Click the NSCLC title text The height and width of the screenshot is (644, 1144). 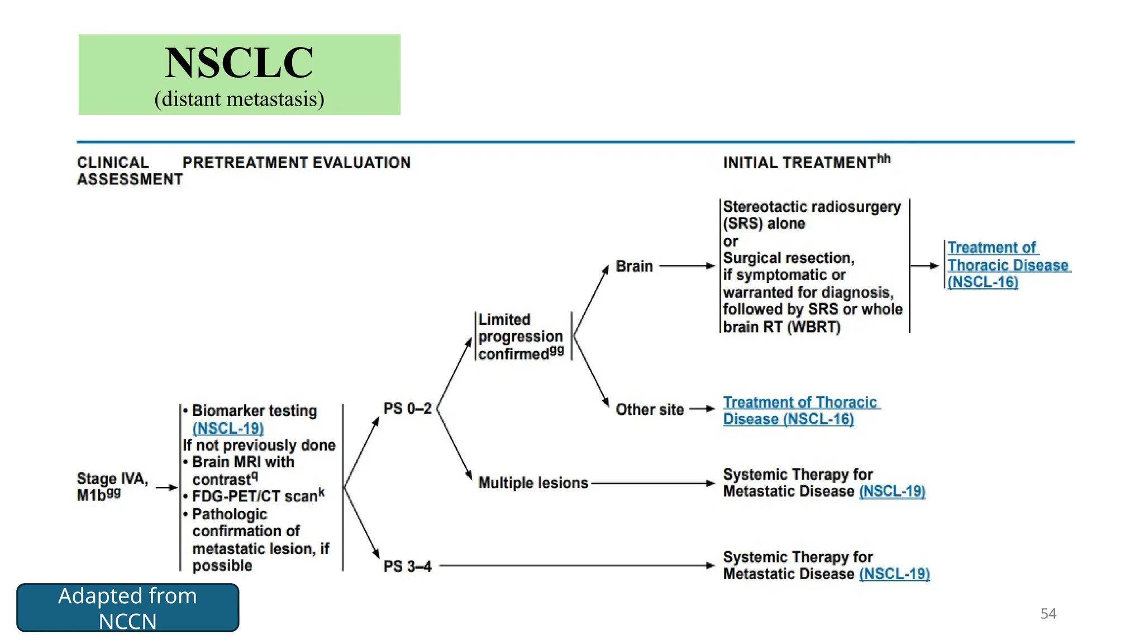(x=239, y=63)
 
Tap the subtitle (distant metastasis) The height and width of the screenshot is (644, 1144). (x=239, y=99)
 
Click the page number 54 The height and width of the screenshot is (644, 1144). (x=1048, y=613)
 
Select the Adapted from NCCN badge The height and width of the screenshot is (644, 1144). (x=127, y=608)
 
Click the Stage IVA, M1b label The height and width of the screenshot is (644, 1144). (x=112, y=486)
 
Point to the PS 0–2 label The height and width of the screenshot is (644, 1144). (x=407, y=409)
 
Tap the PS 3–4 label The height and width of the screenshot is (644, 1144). (x=407, y=566)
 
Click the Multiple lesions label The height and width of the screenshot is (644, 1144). (x=533, y=482)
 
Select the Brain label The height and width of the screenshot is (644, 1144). (x=634, y=266)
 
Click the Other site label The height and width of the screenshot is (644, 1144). (x=650, y=409)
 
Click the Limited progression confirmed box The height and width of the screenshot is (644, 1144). (x=521, y=337)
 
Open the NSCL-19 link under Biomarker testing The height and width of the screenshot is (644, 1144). (x=228, y=428)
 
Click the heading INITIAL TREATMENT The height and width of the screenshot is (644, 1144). (x=799, y=163)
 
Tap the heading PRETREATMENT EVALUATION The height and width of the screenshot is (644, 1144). (x=297, y=163)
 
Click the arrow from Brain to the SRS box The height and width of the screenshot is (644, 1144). (x=687, y=266)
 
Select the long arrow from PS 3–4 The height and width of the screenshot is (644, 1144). (x=575, y=566)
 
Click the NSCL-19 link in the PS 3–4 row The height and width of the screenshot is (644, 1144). (x=894, y=574)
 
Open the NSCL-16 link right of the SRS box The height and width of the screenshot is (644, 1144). (x=983, y=282)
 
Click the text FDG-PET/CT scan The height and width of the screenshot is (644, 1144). (x=254, y=496)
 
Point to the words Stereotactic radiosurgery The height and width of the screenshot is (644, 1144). (x=812, y=207)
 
